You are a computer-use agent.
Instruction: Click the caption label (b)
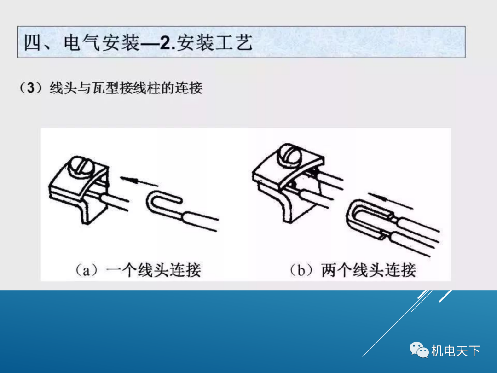pyautogui.click(x=302, y=270)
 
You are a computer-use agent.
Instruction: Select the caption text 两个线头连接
pyautogui.click(x=369, y=270)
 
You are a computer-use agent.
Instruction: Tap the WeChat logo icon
pyautogui.click(x=419, y=350)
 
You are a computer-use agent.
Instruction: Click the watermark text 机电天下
pyautogui.click(x=456, y=351)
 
